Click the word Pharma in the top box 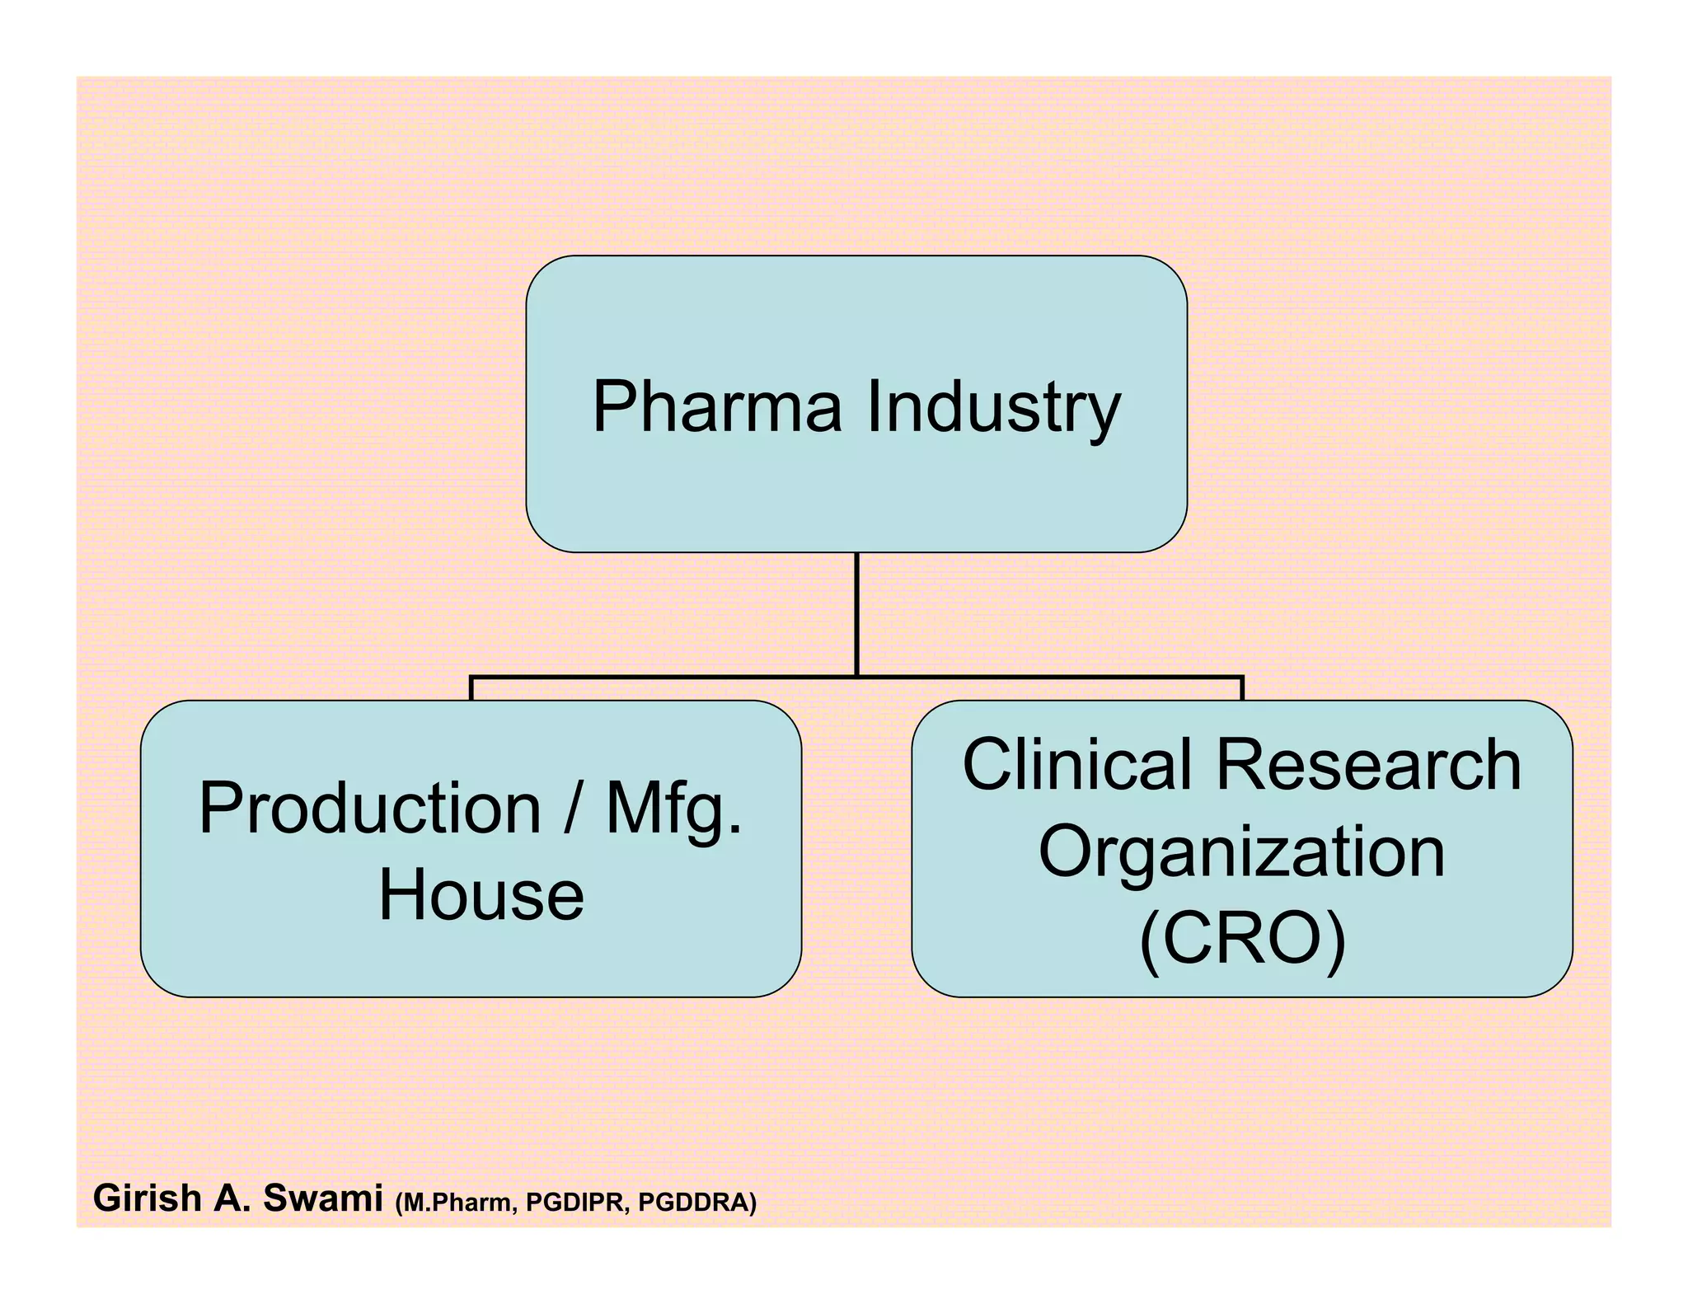(x=717, y=406)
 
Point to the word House (x=481, y=895)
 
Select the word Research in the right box (x=1368, y=765)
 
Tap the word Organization (x=1241, y=852)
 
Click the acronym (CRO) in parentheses (x=1242, y=939)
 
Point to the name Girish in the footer (x=148, y=1198)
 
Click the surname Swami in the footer (x=322, y=1198)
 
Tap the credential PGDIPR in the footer (x=576, y=1203)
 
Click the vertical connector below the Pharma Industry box (x=857, y=613)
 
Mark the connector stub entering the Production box (x=471, y=689)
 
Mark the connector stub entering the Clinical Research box (x=1242, y=689)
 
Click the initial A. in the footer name (x=232, y=1198)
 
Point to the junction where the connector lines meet (x=857, y=677)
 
